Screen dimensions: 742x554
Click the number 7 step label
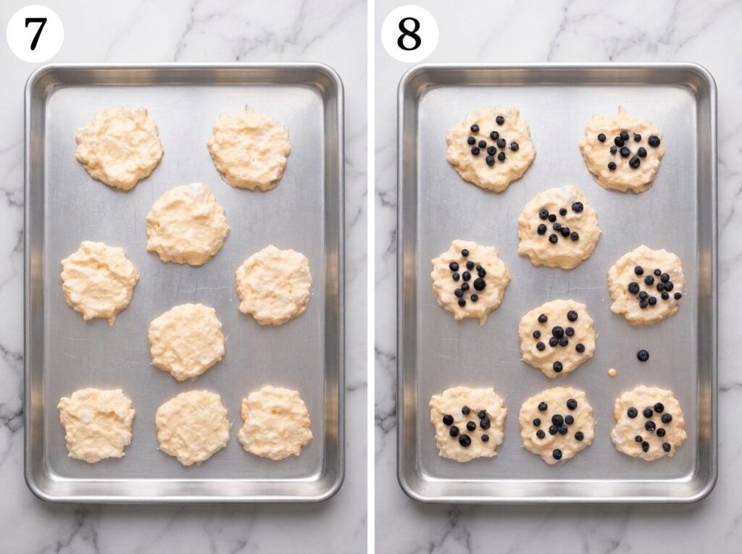35,33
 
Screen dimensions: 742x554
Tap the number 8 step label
409,33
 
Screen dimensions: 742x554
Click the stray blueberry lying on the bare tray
643,356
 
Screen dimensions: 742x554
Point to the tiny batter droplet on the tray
612,373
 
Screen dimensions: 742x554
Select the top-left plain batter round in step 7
120,148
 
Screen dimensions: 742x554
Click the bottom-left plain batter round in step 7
96,425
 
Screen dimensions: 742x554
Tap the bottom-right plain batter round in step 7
275,422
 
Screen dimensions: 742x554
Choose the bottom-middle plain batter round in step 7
193,427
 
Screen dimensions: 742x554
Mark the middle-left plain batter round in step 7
99,282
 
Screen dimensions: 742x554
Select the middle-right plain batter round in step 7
274,285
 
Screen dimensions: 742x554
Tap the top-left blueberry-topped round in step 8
491,149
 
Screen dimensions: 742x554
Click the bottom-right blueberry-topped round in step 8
649,424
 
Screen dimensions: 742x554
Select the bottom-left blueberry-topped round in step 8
468,424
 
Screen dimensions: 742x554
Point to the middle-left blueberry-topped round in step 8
471,282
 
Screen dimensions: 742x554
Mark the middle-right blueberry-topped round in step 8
646,285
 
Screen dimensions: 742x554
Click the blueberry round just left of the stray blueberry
557,338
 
